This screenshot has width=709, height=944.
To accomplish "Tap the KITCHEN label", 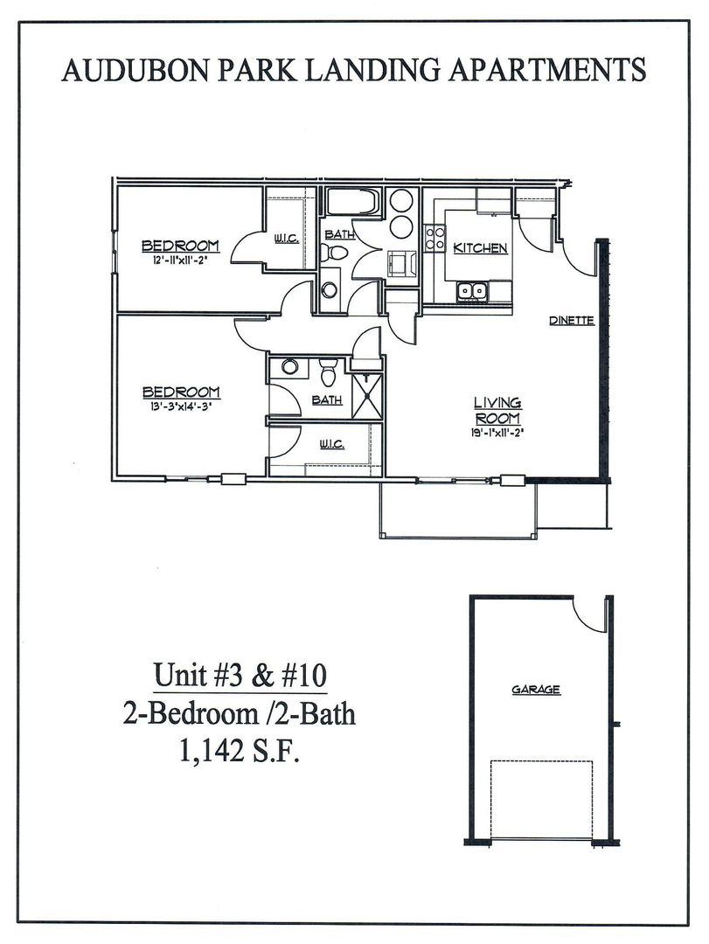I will click(x=480, y=248).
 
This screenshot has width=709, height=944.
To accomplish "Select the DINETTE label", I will click(x=572, y=321).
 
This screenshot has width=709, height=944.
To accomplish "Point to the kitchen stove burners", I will click(x=434, y=238).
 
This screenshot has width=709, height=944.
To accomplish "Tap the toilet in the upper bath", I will click(x=330, y=253).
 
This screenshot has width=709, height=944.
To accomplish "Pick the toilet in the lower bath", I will click(x=328, y=373).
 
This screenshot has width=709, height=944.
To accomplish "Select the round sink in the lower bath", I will click(x=291, y=367).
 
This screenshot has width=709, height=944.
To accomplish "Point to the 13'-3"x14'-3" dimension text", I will click(x=180, y=405).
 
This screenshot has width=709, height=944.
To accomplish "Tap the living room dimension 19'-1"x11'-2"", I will click(x=497, y=432).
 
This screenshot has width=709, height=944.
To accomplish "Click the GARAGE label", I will click(x=536, y=690).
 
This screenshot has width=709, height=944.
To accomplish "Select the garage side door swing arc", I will click(x=591, y=616).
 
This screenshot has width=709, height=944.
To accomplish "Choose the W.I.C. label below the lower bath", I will click(x=330, y=445).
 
